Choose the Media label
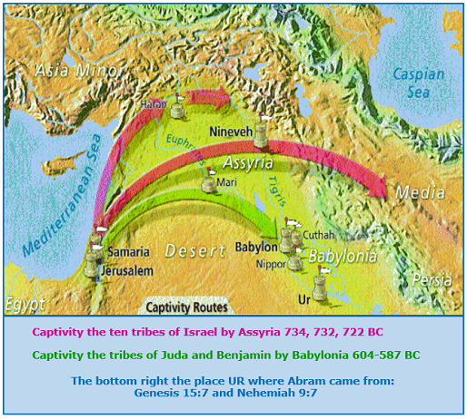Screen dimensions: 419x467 424,193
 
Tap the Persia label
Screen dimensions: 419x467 432,281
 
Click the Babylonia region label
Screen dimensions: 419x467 343,257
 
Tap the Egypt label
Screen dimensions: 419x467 23,303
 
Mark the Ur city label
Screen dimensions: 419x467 304,297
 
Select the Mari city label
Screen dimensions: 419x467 228,182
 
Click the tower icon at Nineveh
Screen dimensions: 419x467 265,136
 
